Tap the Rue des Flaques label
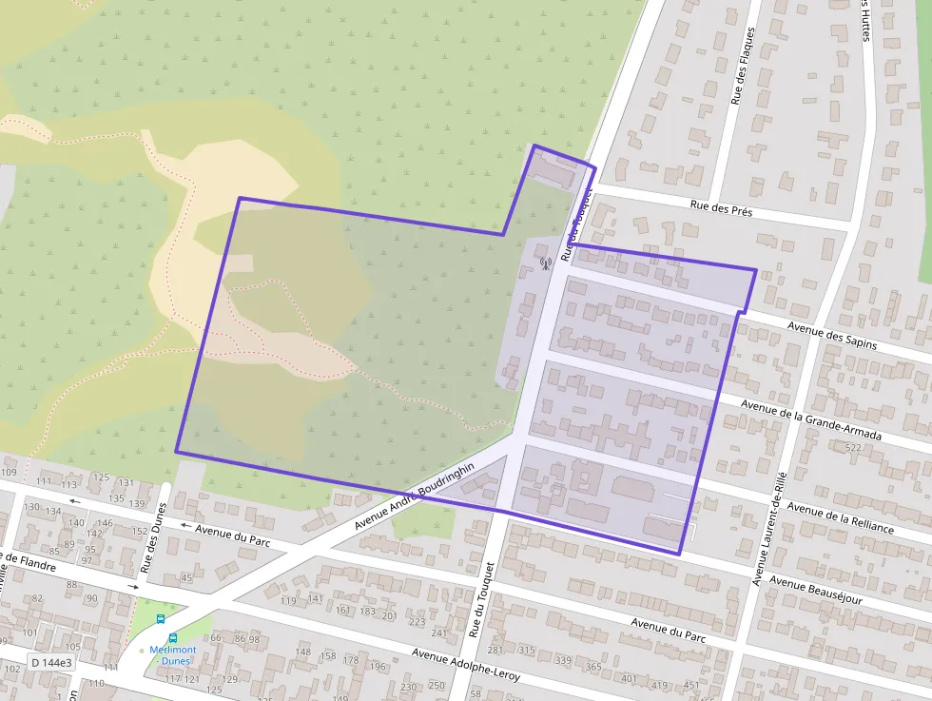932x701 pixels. pos(742,65)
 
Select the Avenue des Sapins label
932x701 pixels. pos(832,336)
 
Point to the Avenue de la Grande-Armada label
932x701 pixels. pos(811,419)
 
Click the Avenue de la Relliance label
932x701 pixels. pos(840,516)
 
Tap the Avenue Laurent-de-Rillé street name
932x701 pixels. pos(769,528)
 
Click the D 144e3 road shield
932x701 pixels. pos(51,662)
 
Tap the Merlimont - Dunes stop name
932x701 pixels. pos(172,654)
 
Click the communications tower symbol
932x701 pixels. pos(545,263)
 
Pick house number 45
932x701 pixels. pos(186,577)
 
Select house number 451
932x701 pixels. pos(690,685)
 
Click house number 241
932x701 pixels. pos(438,633)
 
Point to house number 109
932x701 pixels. pos(10,473)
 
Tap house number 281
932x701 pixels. pos(495,651)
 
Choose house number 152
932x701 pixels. pos(140,532)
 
